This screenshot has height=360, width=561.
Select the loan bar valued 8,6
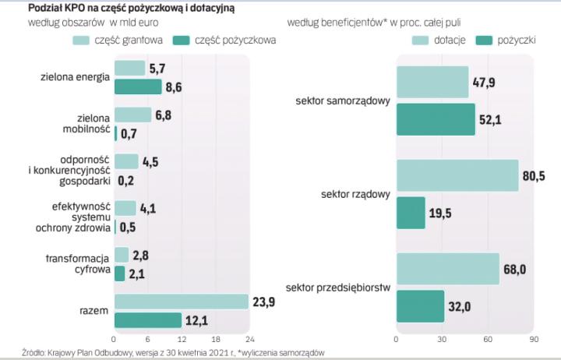click(138, 86)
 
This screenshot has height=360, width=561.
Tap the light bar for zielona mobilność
click(132, 115)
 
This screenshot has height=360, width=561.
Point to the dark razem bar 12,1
click(148, 320)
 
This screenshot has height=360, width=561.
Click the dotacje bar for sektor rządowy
click(457, 175)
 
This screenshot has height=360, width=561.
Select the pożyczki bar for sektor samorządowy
click(436, 119)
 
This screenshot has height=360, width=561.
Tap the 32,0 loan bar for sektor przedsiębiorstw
click(420, 305)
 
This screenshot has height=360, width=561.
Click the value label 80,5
click(535, 176)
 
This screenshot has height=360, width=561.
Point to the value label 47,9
click(485, 82)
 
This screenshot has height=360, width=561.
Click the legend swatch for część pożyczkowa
click(182, 41)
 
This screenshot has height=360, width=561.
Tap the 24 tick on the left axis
click(250, 340)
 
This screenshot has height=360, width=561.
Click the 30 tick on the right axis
click(442, 340)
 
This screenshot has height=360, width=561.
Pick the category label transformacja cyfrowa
click(77, 264)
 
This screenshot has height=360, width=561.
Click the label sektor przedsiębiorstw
click(343, 288)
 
